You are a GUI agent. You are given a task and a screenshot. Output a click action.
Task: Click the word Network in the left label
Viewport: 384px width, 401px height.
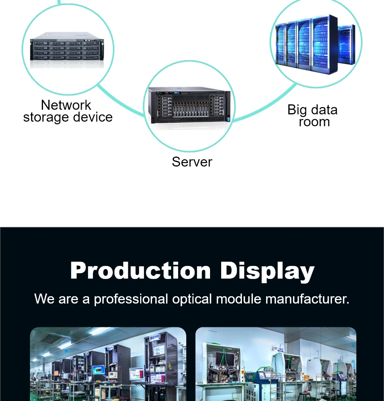click(66, 105)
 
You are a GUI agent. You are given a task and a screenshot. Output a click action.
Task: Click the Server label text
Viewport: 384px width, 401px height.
click(192, 162)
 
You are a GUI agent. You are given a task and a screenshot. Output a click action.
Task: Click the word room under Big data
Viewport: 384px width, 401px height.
click(314, 122)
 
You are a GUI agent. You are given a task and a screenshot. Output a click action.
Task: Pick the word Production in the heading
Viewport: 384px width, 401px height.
click(141, 271)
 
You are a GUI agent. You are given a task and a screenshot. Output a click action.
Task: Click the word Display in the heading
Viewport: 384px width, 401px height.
click(267, 271)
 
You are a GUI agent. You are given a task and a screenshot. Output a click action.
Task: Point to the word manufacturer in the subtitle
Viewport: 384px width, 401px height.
click(307, 299)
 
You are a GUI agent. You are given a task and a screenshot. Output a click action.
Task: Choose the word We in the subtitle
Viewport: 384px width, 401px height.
click(45, 299)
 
